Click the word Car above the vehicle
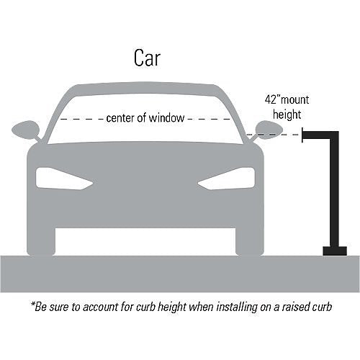(147, 58)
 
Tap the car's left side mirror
(26, 130)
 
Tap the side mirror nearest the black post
(269, 130)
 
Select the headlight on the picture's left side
(64, 179)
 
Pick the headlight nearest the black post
(226, 179)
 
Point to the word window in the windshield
(166, 118)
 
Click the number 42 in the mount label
(271, 99)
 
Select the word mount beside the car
(294, 100)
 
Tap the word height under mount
(287, 114)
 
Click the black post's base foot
(335, 251)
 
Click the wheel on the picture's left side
(41, 241)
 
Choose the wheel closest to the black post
(250, 241)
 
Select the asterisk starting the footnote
(33, 304)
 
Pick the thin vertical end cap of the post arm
(302, 135)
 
